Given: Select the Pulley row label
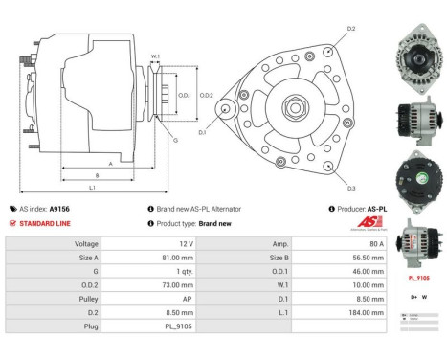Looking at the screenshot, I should coord(87,299).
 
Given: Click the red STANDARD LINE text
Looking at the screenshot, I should coord(45,223).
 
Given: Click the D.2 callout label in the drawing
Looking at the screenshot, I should coord(351,30).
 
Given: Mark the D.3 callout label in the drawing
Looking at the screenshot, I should coord(351,188).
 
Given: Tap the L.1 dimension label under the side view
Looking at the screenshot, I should coord(92,188).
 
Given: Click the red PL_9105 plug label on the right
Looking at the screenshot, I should coord(418,278).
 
